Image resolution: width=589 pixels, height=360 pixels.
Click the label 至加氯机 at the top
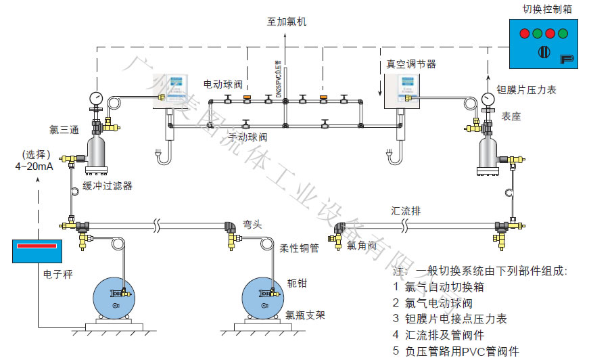coord(286,22)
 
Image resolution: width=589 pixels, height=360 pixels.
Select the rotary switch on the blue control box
coord(541,53)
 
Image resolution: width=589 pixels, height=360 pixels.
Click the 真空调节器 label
coord(410,64)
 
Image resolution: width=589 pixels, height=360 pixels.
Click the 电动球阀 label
coord(223,85)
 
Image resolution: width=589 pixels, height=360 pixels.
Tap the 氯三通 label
coord(64,129)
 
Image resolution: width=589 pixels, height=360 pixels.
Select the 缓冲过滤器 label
coord(108,185)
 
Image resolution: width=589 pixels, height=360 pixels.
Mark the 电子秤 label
coord(57,274)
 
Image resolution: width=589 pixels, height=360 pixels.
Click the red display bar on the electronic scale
coord(37,245)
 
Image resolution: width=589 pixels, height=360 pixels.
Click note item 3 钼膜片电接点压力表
coord(450,318)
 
